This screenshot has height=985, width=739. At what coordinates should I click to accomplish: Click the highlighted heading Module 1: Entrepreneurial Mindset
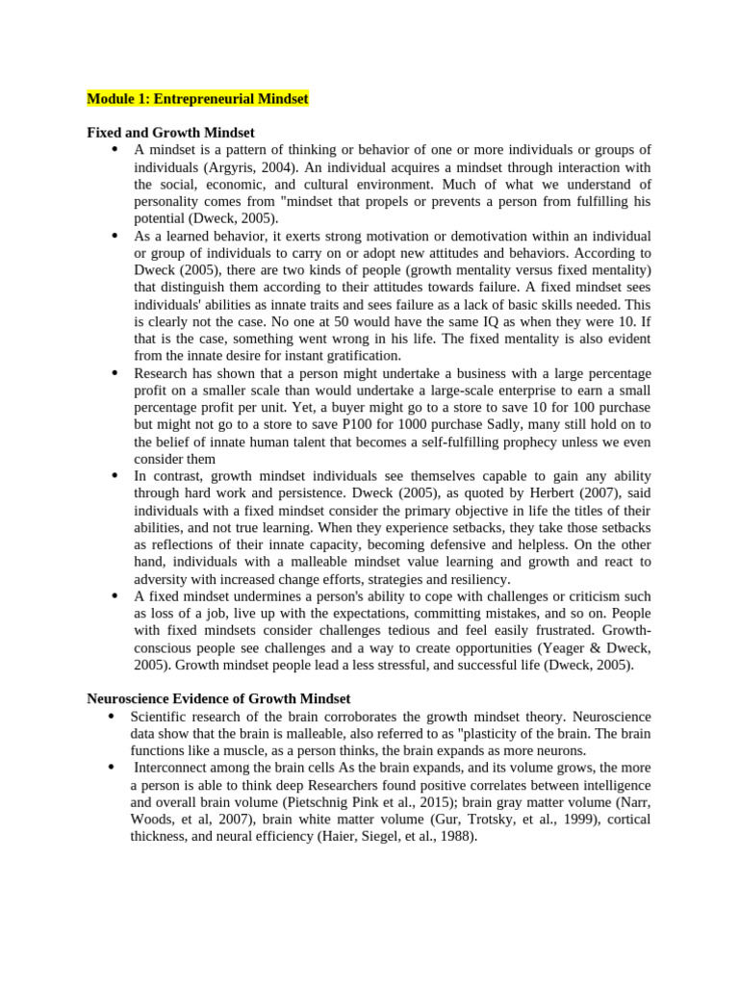(197, 99)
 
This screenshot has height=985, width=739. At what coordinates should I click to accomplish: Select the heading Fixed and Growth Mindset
(170, 133)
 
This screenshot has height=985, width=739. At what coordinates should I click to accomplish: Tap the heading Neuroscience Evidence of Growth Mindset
(218, 699)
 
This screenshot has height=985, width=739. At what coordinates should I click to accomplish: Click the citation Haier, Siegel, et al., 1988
(396, 837)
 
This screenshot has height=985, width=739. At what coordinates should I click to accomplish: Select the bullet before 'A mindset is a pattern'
(115, 150)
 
